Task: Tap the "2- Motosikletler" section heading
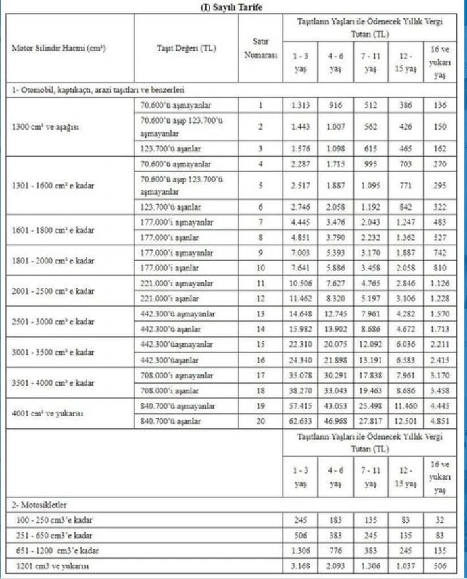pos(39,504)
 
